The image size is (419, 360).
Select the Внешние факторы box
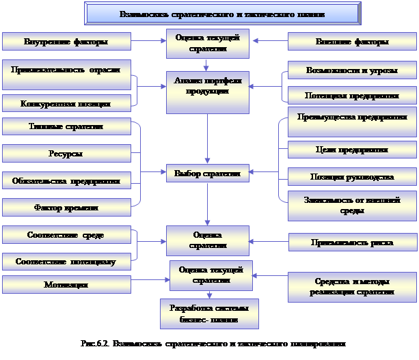(x=352, y=42)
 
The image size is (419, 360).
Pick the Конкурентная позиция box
(x=66, y=104)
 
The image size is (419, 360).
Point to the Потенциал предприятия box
(x=352, y=95)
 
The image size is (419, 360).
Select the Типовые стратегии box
(x=66, y=127)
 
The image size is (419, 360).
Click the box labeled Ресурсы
(x=66, y=154)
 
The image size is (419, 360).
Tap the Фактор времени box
(x=66, y=207)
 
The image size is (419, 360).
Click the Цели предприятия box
(x=352, y=149)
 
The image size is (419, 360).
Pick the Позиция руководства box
(x=352, y=176)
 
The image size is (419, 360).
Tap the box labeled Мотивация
(x=66, y=284)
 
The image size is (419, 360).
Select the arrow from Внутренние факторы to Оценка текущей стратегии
(x=147, y=42)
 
